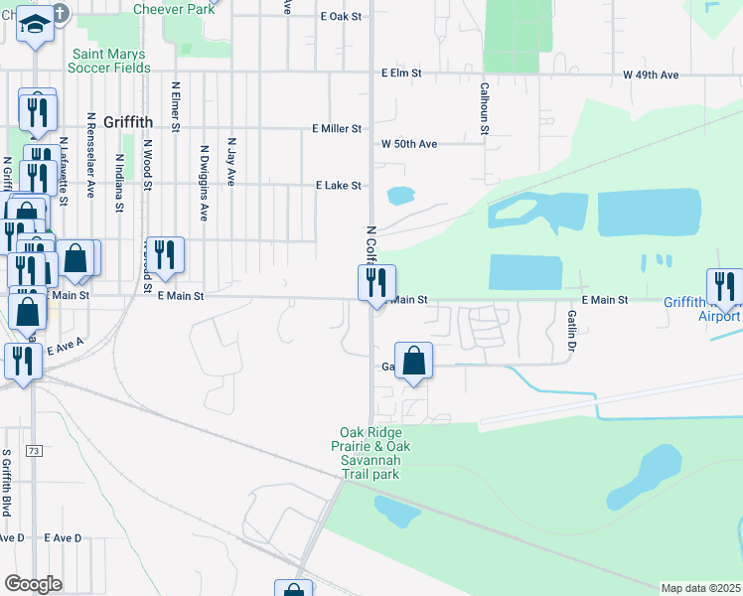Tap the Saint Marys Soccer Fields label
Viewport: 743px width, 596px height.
coord(109,61)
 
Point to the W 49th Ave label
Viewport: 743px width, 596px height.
coord(651,74)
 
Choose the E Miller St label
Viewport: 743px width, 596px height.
coord(337,129)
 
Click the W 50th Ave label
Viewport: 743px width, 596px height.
coord(409,144)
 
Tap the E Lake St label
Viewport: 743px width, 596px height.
coord(339,186)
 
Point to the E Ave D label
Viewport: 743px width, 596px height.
coord(63,537)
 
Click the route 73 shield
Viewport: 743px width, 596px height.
coord(35,451)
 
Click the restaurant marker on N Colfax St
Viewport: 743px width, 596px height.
coord(377,283)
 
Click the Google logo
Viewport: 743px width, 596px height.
coord(34,584)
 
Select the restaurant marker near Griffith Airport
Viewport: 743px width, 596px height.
coord(725,287)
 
